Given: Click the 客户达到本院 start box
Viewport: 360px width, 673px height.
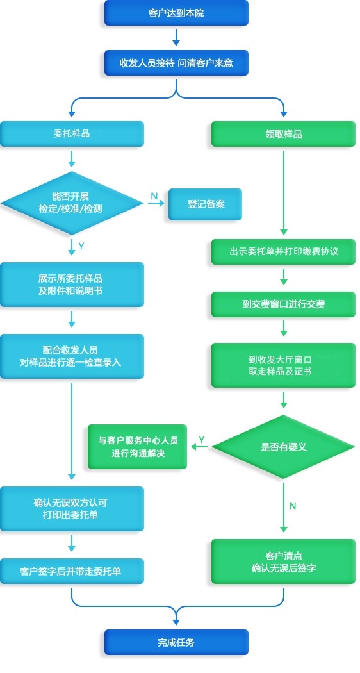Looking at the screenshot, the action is coord(176,13).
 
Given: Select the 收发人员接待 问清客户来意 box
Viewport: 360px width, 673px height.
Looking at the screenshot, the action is coord(176,63).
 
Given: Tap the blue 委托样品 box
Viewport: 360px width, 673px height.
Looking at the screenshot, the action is coord(72,134).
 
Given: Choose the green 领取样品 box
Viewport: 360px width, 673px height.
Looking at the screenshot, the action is coord(283,134).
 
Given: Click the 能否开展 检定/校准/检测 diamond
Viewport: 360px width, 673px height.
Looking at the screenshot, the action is coord(72,203).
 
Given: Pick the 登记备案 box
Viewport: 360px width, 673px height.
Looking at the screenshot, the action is coord(205,204).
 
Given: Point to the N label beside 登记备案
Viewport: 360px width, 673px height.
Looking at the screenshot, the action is coord(154,197).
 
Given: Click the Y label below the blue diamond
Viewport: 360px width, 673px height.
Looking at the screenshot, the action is coord(81,246).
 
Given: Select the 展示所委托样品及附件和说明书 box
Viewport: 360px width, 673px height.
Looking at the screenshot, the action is coord(72,285).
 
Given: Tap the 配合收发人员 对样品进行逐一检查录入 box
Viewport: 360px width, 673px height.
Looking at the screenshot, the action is coord(72,356).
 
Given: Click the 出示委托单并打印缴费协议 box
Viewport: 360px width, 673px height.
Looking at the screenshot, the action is coord(283,251).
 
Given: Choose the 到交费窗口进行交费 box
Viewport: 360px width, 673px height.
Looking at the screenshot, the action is coord(283,304).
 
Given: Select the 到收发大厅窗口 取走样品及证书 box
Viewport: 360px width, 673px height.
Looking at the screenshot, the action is coord(283,365).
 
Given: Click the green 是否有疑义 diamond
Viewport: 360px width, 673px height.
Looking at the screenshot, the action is coord(283,447).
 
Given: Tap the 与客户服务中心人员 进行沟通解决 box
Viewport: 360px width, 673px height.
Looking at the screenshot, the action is coord(137,446).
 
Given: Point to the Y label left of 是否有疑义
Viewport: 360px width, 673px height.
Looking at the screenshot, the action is coord(202,440).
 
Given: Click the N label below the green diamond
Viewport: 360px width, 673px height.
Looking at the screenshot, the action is coord(293,506).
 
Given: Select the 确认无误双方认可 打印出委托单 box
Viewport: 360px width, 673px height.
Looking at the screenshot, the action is coord(72,509).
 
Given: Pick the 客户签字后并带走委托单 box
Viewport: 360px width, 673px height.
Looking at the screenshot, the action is coord(72,571).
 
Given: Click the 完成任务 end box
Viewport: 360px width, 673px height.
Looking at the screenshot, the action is coord(176,642).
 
